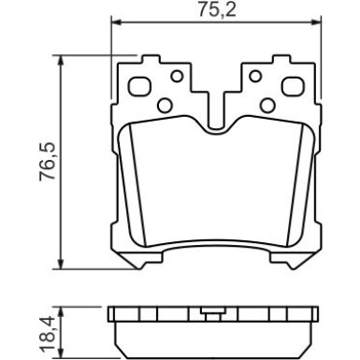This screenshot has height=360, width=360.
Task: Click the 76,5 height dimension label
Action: click(x=48, y=162)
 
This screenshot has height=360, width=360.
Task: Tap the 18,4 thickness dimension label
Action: click(x=48, y=334)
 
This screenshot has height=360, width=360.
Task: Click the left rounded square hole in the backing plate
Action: click(x=139, y=86)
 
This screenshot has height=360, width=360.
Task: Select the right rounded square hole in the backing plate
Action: click(x=293, y=86)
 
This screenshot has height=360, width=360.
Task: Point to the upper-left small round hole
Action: click(x=177, y=76)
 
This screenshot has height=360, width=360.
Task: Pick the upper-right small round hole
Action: click(x=255, y=76)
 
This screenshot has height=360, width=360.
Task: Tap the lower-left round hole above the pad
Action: click(x=165, y=106)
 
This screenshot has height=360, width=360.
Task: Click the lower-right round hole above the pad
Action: click(x=267, y=106)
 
